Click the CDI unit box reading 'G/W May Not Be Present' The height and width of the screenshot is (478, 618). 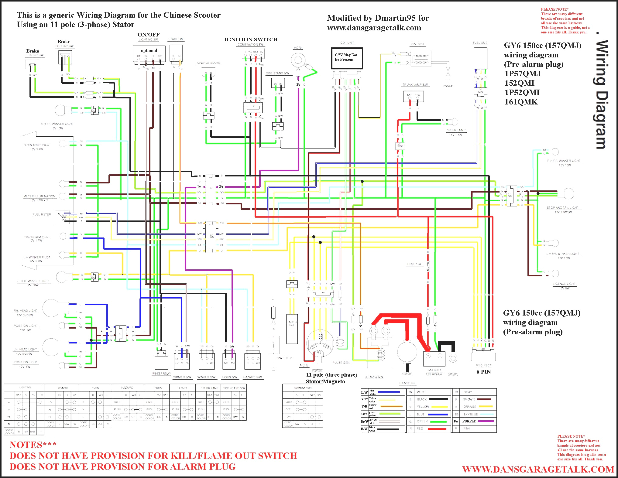(346, 58)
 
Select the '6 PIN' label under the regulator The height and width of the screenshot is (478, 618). (483, 372)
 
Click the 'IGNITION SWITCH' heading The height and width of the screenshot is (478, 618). (251, 39)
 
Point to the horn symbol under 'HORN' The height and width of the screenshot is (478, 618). (298, 60)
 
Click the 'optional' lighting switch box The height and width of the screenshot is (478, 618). (149, 53)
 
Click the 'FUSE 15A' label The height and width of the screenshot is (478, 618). (414, 264)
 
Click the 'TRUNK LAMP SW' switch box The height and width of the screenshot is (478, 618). (413, 96)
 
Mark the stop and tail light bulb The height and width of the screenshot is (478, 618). (568, 193)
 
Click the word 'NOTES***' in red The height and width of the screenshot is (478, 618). (33, 445)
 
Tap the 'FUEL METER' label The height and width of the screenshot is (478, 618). (42, 214)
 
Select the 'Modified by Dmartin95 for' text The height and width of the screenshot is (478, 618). (378, 18)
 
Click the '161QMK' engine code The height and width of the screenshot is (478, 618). (521, 102)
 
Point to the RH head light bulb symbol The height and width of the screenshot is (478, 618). (50, 308)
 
